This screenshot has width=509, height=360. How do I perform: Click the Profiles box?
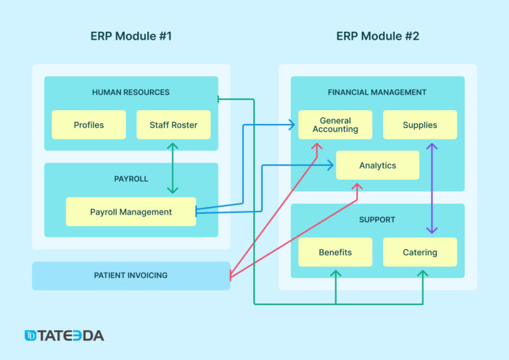coord(89,125)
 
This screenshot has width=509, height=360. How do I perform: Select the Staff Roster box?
coord(173,125)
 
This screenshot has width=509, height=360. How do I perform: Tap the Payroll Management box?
coord(131,212)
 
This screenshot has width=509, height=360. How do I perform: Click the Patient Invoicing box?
coord(131,275)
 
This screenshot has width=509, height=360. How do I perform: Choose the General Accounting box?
coord(335,125)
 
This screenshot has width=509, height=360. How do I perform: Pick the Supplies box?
coord(420,125)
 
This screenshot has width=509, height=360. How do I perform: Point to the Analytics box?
coord(377,165)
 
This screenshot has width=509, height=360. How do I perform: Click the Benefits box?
coord(335,252)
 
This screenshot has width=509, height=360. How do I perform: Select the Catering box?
coord(420,252)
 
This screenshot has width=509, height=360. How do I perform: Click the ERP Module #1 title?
coord(131,36)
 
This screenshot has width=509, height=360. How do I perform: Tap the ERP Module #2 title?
coord(377,36)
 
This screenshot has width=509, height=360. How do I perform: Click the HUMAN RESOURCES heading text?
coord(131,92)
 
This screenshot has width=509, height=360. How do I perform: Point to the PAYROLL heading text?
coord(131,179)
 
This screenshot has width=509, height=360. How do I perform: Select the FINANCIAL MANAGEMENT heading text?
coord(377,92)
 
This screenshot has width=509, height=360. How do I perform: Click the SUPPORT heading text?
coord(377,219)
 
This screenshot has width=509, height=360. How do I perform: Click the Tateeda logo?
coord(64,335)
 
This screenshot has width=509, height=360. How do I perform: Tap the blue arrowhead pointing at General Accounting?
coord(291,124)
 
